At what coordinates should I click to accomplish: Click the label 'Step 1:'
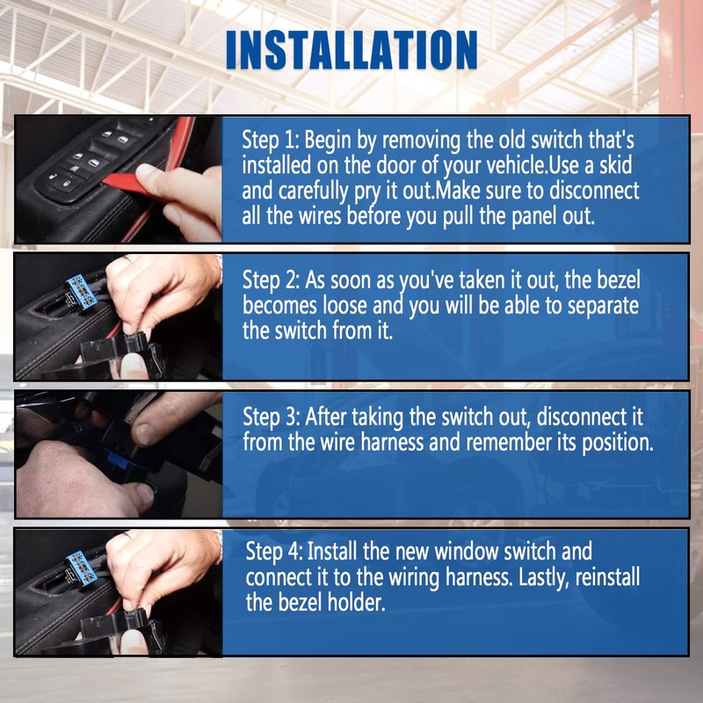(271, 141)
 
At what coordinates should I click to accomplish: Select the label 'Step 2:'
(271, 281)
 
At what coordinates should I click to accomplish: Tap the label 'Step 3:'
(271, 416)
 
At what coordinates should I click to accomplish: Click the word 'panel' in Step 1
(516, 217)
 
